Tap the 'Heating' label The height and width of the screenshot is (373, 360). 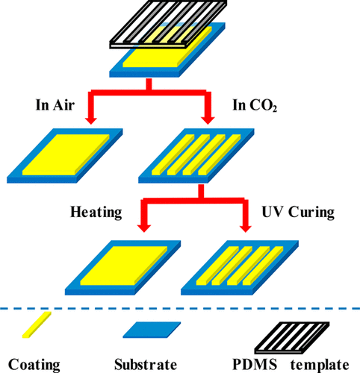pyautogui.click(x=96, y=213)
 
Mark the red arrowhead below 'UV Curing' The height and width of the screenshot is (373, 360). pyautogui.click(x=244, y=228)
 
